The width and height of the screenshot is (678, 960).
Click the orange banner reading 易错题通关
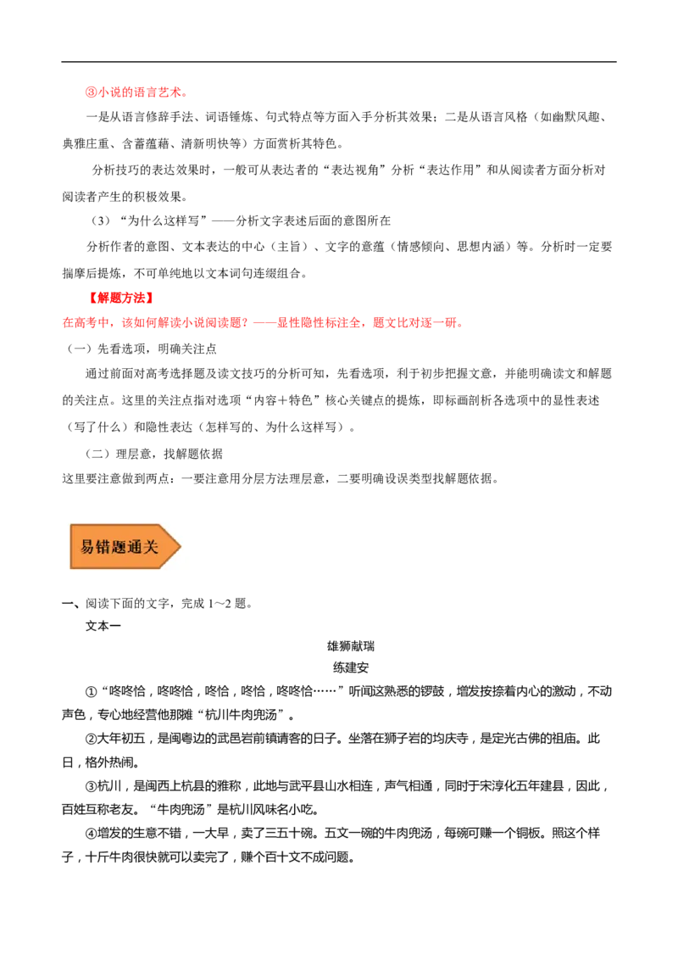[x=124, y=546]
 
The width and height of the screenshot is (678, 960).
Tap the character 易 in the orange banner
[x=87, y=547]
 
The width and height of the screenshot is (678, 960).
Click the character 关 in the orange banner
[x=152, y=547]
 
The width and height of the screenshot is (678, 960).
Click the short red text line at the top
[x=136, y=92]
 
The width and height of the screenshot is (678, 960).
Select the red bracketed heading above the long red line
[x=122, y=298]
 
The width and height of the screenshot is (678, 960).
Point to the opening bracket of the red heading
[x=92, y=298]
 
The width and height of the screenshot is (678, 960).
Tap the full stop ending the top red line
[x=186, y=93]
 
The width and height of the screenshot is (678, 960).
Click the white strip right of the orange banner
[x=432, y=546]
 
